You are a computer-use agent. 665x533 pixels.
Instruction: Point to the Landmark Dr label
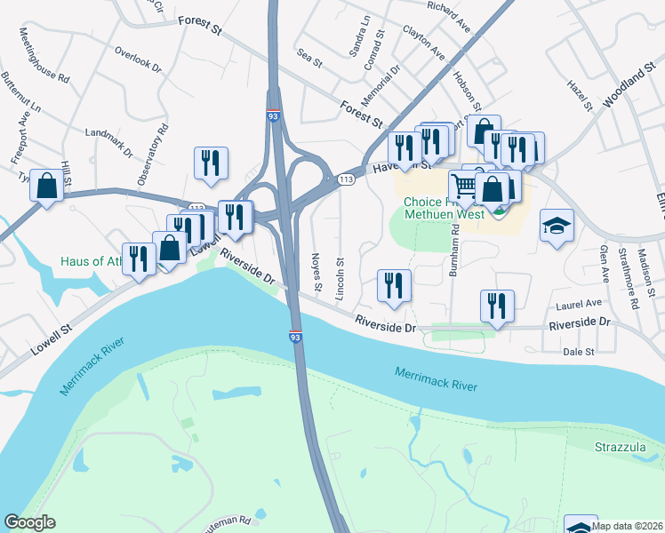(108, 142)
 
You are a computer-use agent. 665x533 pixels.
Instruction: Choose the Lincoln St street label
(340, 278)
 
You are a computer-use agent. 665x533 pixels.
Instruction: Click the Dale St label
(579, 352)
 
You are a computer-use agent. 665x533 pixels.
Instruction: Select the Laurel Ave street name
(573, 305)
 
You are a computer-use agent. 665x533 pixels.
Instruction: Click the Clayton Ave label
(424, 42)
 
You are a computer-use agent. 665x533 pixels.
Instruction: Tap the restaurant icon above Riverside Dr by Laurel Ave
(498, 306)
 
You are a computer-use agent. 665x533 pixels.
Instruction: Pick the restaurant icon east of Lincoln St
(393, 284)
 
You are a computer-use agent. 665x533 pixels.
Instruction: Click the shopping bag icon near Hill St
(48, 185)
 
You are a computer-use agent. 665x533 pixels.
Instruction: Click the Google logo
(29, 522)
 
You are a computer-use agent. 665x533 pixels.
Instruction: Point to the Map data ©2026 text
(627, 526)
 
